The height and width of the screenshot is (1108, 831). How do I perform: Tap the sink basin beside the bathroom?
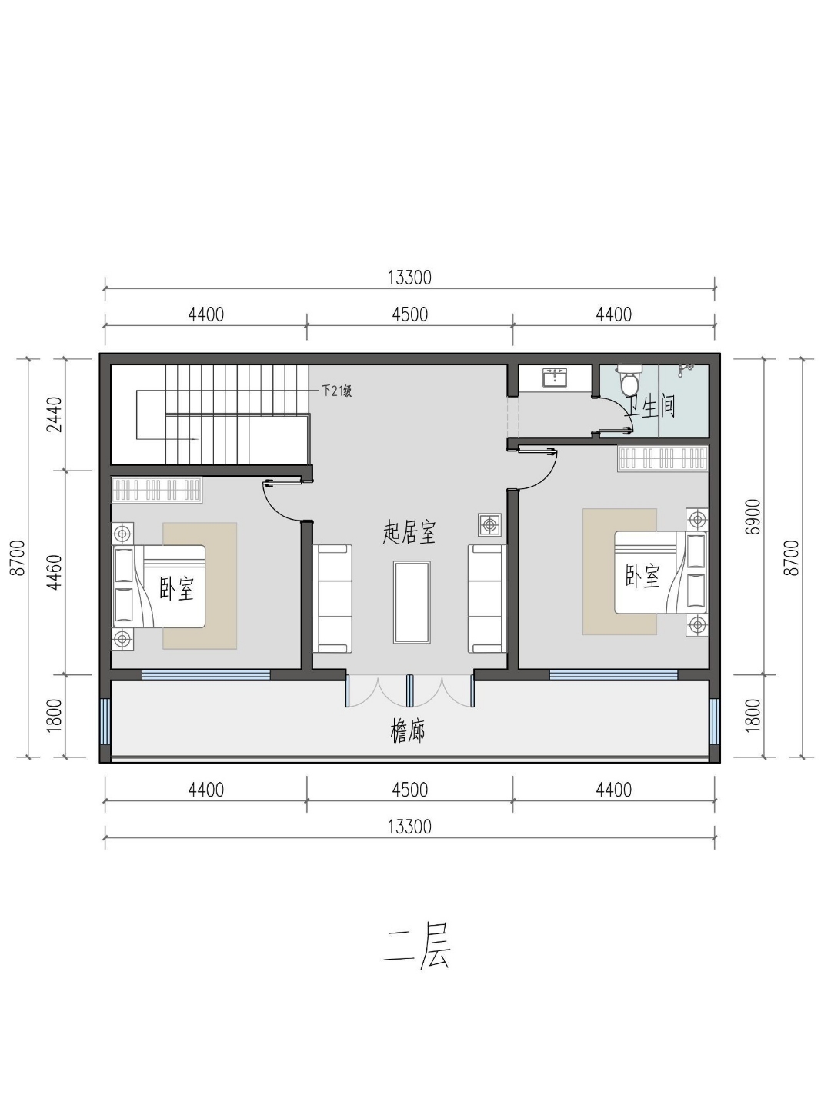[556, 377]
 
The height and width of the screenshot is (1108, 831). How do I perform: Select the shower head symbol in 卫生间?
[686, 369]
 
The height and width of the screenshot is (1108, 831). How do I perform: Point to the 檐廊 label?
[408, 731]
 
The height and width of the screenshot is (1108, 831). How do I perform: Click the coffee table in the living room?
[412, 602]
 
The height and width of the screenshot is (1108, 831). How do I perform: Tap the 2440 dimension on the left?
[54, 415]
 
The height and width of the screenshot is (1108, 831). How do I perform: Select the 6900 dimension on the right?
[753, 517]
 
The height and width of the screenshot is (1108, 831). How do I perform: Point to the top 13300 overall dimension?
[409, 278]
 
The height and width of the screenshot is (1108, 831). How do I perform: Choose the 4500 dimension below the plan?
[409, 790]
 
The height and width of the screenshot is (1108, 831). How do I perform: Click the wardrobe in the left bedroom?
[157, 490]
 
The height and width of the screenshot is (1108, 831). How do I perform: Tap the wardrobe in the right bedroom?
[662, 458]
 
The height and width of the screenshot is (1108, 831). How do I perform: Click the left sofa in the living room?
[333, 599]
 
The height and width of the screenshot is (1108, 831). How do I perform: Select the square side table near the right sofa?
[490, 525]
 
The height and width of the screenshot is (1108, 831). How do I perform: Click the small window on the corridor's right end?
[714, 720]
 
